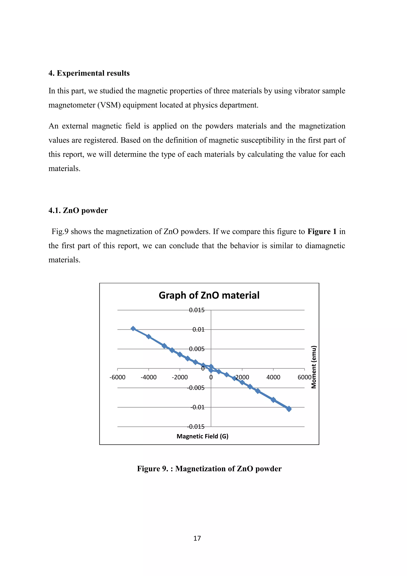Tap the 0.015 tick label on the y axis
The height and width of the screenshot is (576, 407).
click(x=197, y=310)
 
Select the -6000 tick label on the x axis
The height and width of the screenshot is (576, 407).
click(x=117, y=377)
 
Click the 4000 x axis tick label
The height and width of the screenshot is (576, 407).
click(x=273, y=377)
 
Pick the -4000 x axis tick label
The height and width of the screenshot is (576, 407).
click(x=148, y=377)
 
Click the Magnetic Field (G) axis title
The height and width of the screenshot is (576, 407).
click(x=202, y=436)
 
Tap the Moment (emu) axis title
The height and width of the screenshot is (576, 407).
click(x=314, y=367)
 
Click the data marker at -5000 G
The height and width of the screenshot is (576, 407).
click(x=133, y=329)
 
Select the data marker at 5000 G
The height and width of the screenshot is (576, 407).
click(x=289, y=409)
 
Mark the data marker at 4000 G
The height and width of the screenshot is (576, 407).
click(x=273, y=400)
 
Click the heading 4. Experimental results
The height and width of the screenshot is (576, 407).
click(x=89, y=73)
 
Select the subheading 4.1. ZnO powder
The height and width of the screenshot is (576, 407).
click(x=78, y=210)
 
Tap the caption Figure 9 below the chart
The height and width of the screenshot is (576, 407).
click(x=209, y=469)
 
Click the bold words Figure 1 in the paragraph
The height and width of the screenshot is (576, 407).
click(x=322, y=231)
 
